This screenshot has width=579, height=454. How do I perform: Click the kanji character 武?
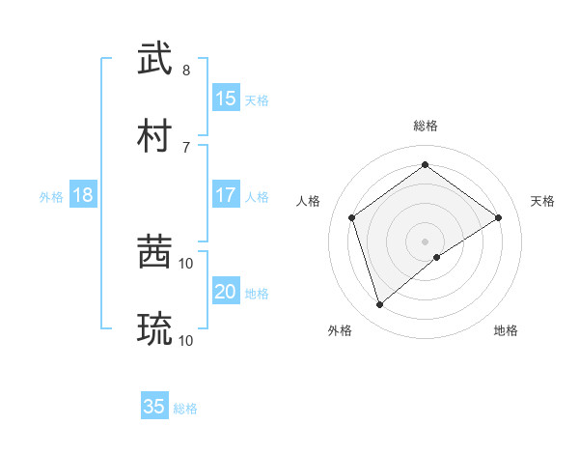click(x=155, y=59)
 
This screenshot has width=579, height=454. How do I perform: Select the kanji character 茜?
click(x=155, y=253)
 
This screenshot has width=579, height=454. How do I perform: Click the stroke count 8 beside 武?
click(x=186, y=71)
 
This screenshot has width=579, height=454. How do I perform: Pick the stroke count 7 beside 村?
click(x=186, y=147)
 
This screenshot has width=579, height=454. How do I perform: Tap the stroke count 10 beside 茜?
click(x=186, y=263)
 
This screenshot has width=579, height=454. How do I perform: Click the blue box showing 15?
click(x=226, y=98)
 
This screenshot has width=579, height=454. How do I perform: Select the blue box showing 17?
click(x=226, y=195)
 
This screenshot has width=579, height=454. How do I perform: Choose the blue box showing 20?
click(x=226, y=292)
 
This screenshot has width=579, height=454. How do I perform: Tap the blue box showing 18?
click(x=83, y=195)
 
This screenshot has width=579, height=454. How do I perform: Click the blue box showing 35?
click(x=154, y=407)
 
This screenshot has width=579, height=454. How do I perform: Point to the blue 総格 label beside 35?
click(x=185, y=409)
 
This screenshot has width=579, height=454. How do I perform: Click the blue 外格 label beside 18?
click(x=51, y=197)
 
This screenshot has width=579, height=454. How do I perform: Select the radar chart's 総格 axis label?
click(x=426, y=126)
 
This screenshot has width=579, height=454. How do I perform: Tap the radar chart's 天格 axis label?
click(x=542, y=201)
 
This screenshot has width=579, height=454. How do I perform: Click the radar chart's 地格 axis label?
click(x=506, y=330)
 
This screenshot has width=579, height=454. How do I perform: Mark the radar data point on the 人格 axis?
click(x=352, y=217)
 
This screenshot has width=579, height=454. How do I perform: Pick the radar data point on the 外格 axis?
click(x=379, y=305)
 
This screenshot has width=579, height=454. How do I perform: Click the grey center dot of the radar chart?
click(x=426, y=241)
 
